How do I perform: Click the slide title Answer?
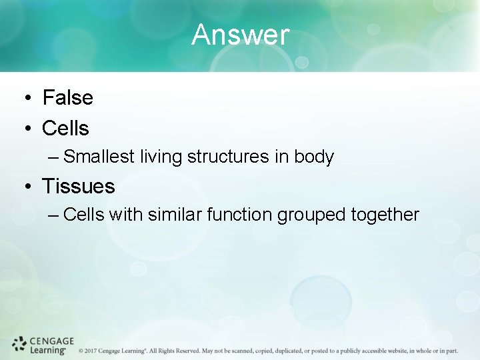[240, 35]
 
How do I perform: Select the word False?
[67, 98]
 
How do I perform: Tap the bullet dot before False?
[25, 99]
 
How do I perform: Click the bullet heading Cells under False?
[65, 127]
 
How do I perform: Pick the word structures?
[228, 157]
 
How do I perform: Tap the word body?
[313, 157]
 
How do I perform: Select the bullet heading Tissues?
[78, 186]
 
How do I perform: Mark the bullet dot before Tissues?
[25, 187]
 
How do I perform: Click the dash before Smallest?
[54, 157]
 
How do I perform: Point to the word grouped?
[311, 215]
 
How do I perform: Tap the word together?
[386, 215]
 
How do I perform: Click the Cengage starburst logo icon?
[19, 345]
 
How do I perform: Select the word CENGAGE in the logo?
[52, 341]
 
